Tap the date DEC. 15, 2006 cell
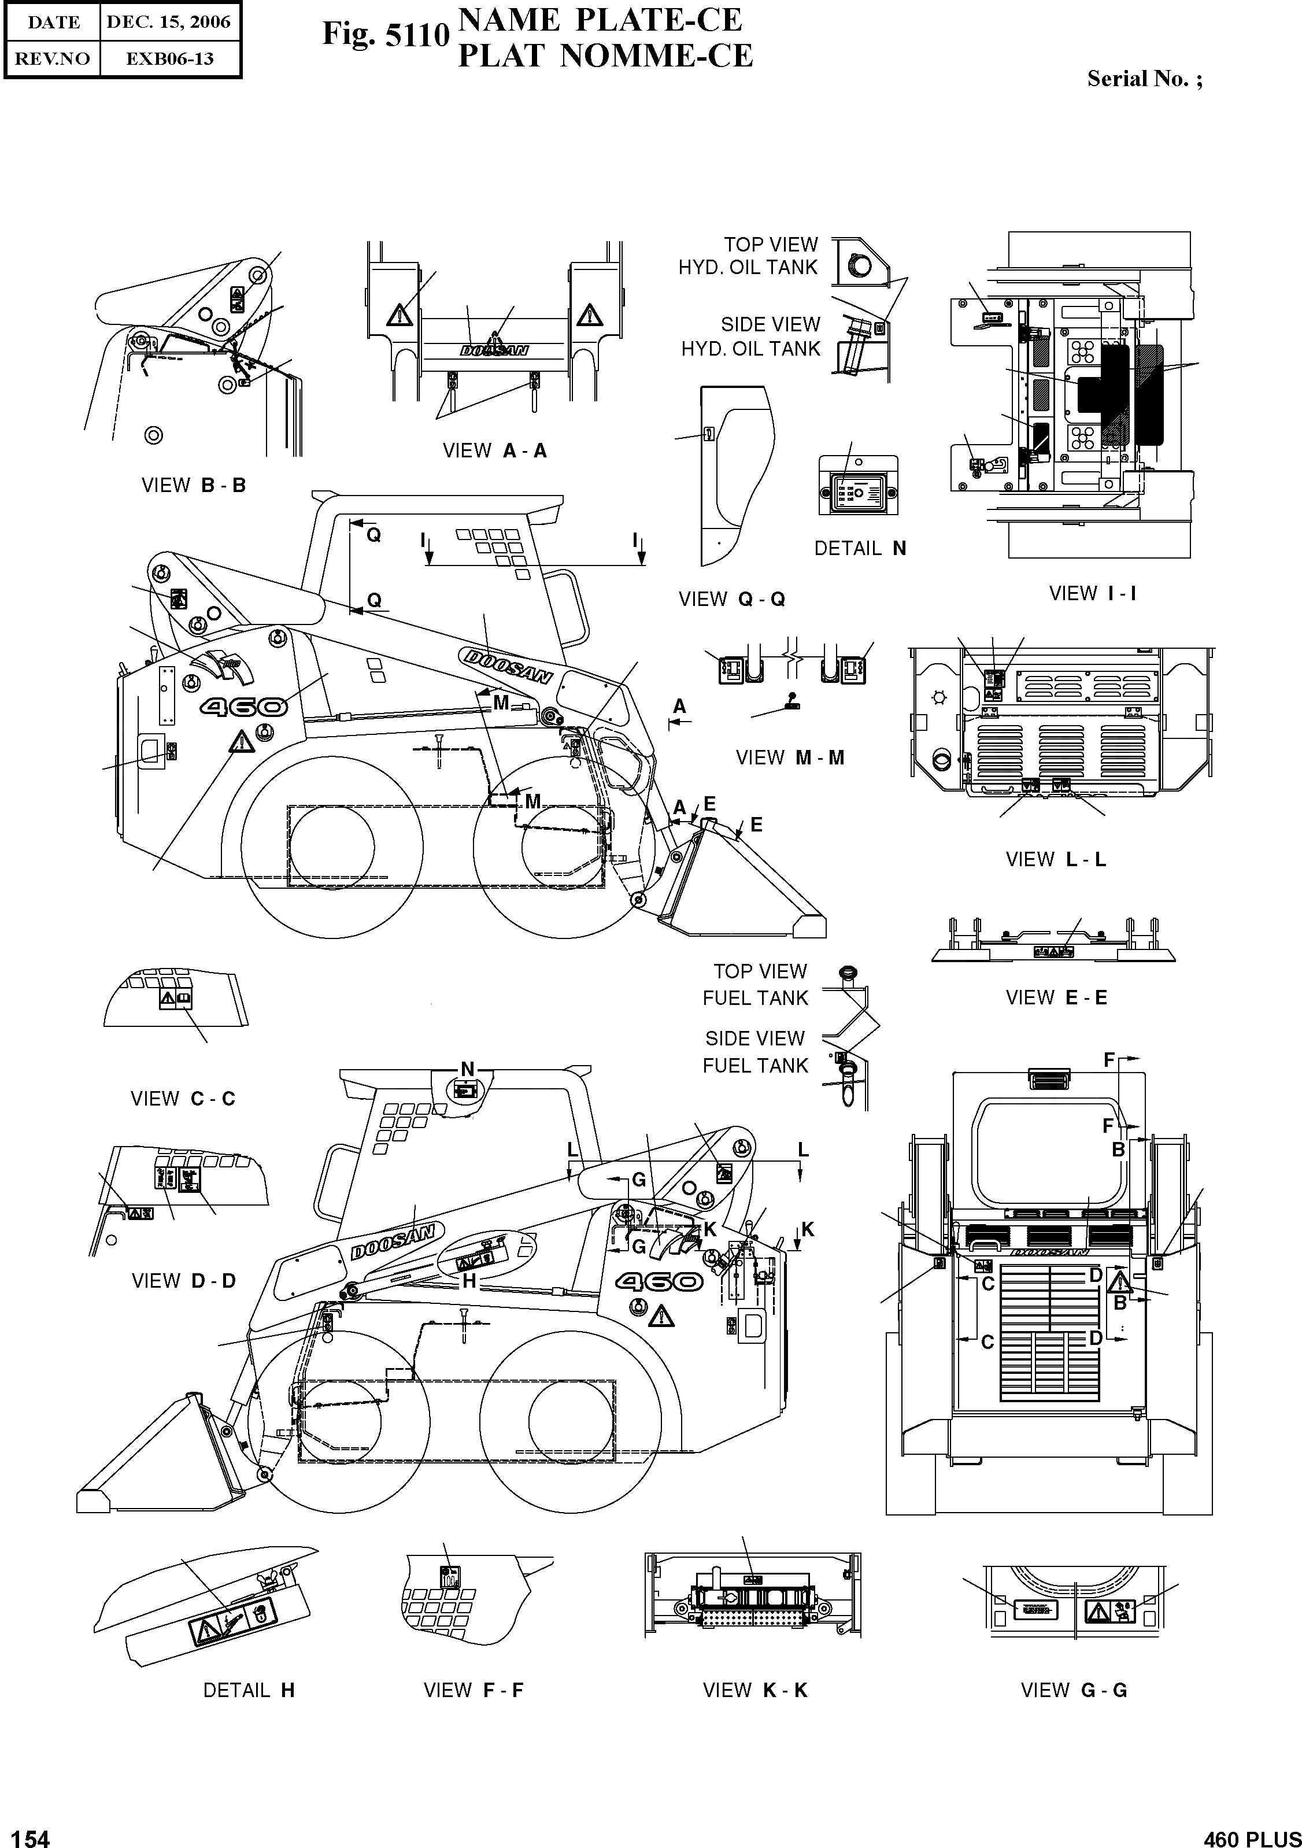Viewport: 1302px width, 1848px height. click(x=169, y=22)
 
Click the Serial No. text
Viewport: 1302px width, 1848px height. click(x=1144, y=79)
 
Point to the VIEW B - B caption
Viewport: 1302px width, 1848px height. click(x=193, y=485)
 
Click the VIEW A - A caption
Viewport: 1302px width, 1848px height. click(x=494, y=451)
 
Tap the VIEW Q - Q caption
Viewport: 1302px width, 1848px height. click(x=731, y=599)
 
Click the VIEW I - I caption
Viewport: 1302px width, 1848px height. click(x=1092, y=594)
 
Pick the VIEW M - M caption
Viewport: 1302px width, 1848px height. click(x=789, y=757)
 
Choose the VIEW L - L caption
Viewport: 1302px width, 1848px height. click(x=1055, y=860)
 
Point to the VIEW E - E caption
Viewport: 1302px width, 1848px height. click(x=1056, y=998)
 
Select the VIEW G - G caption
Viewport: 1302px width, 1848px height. click(x=1074, y=1690)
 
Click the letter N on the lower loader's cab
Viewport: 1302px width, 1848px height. click(x=467, y=1070)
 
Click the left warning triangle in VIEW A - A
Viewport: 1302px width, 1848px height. click(x=399, y=315)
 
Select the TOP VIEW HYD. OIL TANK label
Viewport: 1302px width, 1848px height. click(x=748, y=256)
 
